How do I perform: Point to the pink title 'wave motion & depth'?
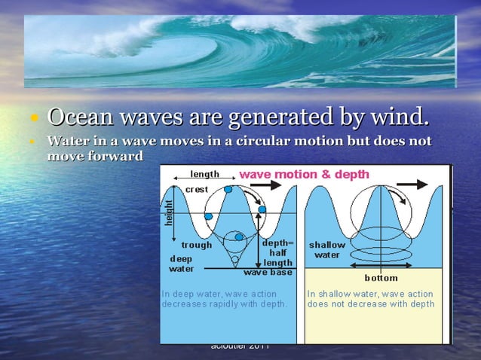(x=304, y=174)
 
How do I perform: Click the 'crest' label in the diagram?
(x=197, y=189)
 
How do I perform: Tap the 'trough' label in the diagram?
(x=197, y=245)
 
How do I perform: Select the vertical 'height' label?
(x=169, y=212)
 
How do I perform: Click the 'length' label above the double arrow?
(x=204, y=174)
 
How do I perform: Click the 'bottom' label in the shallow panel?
(x=381, y=277)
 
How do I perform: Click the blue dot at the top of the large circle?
(x=228, y=189)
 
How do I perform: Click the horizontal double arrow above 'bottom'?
(x=381, y=267)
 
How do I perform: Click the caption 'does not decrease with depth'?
(x=371, y=304)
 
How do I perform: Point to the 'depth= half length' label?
(x=277, y=253)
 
